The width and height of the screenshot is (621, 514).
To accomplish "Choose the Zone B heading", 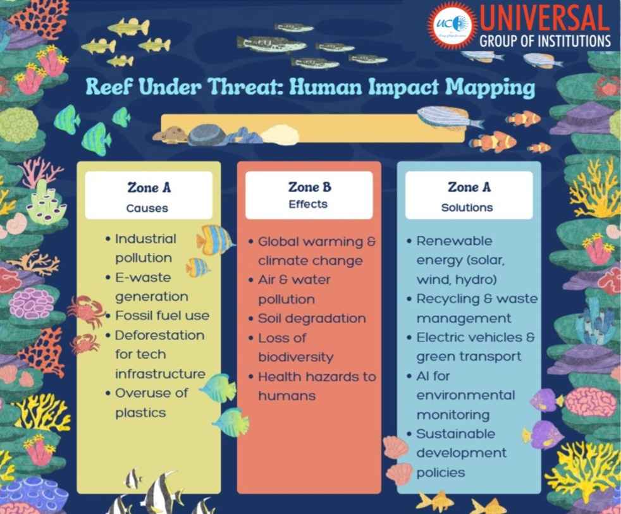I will click(x=309, y=187).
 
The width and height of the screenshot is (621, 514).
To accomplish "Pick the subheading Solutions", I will click(x=467, y=207).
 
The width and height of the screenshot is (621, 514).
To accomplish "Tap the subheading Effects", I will click(x=309, y=204).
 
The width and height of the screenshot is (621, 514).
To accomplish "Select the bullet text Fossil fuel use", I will click(x=162, y=315).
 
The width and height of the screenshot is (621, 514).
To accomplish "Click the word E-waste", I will click(x=143, y=277).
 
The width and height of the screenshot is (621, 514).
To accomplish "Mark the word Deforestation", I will click(x=159, y=334).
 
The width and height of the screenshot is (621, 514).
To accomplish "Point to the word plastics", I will click(x=140, y=412).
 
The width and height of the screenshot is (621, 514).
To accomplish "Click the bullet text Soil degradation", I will click(x=312, y=318).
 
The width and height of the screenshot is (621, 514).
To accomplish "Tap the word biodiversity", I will click(x=295, y=357).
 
